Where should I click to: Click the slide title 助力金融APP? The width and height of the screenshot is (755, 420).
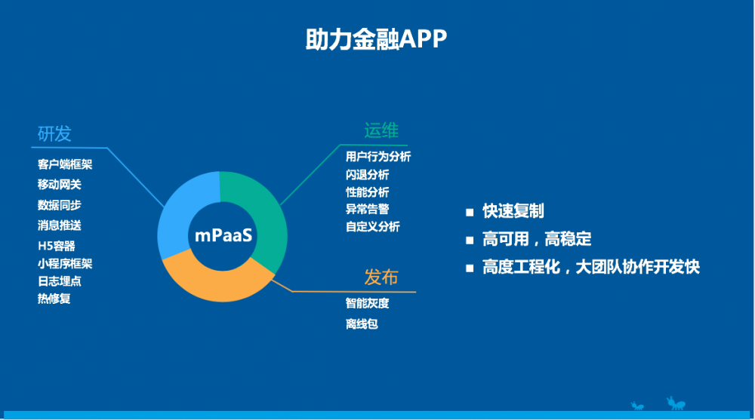pyautogui.click(x=376, y=40)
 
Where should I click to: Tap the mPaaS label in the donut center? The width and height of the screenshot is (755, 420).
pyautogui.click(x=224, y=235)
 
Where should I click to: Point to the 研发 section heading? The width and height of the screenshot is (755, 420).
pyautogui.click(x=54, y=133)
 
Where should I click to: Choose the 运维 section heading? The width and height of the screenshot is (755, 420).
pyautogui.click(x=381, y=131)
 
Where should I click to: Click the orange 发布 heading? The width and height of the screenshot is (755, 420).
pyautogui.click(x=381, y=277)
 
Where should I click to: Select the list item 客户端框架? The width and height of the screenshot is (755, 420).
pyautogui.click(x=65, y=164)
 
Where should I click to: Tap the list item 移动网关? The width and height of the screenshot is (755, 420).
pyautogui.click(x=60, y=185)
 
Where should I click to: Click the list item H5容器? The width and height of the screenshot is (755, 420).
pyautogui.click(x=57, y=245)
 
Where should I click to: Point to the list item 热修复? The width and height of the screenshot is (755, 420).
pyautogui.click(x=54, y=299)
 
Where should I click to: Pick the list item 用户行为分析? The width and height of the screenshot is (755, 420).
pyautogui.click(x=378, y=157)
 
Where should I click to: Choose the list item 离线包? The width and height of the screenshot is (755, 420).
pyautogui.click(x=362, y=324)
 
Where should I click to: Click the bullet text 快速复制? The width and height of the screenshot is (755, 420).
pyautogui.click(x=513, y=211)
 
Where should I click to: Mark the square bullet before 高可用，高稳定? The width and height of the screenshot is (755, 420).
pyautogui.click(x=470, y=241)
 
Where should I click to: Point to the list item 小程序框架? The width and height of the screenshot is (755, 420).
pyautogui.click(x=65, y=263)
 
